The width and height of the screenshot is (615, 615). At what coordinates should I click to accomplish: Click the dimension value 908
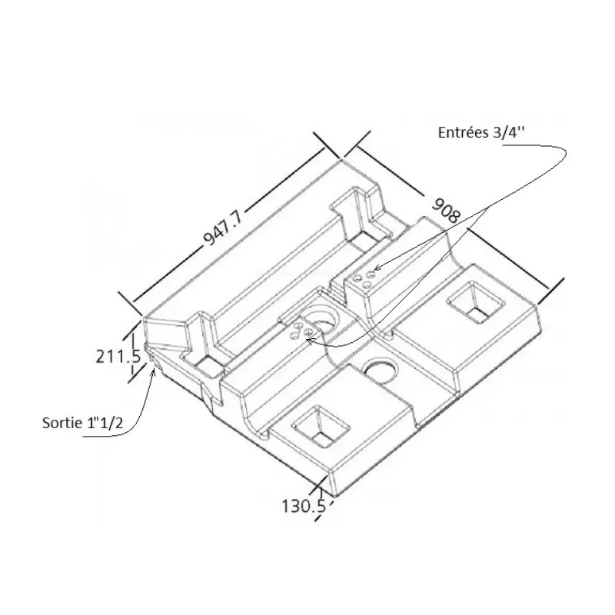(x=446, y=210)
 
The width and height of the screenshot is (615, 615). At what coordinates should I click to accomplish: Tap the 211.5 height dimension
(x=118, y=357)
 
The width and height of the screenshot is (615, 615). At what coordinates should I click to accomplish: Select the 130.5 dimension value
(x=304, y=506)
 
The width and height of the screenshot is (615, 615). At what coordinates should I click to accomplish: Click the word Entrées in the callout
(x=462, y=132)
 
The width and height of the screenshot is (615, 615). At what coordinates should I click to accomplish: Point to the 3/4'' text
(x=507, y=132)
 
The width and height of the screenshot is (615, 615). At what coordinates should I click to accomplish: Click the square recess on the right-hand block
(x=475, y=301)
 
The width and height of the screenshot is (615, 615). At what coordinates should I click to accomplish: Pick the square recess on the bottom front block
(x=321, y=426)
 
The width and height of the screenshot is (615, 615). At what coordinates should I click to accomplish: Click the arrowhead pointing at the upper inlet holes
(x=377, y=268)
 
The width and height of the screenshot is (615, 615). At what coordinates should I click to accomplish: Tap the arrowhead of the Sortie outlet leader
(x=153, y=371)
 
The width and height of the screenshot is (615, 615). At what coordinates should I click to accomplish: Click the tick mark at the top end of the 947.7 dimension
(x=327, y=145)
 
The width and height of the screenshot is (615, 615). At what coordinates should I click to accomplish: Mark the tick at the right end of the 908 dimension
(x=550, y=291)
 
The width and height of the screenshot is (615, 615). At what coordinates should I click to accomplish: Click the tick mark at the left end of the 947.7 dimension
(x=130, y=303)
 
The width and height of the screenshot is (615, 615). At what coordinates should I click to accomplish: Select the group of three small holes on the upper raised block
(x=364, y=279)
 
